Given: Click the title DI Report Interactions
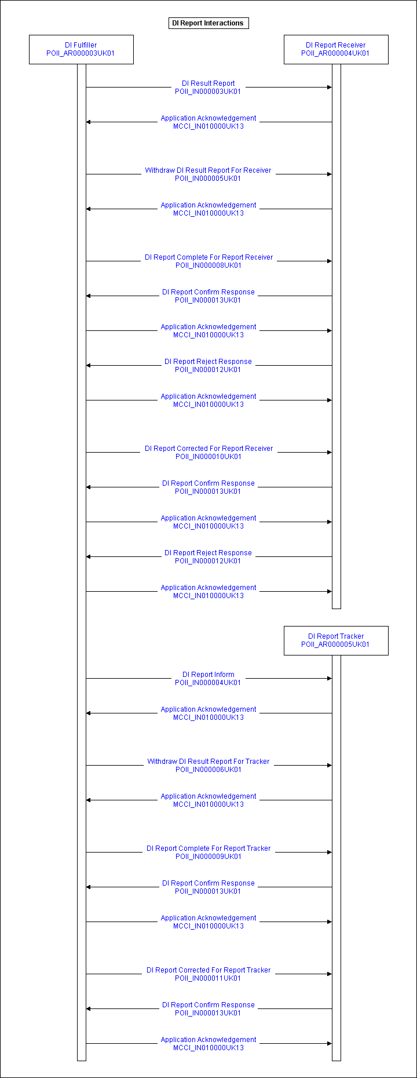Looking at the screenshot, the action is (208, 23).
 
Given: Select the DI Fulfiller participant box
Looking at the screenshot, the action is (81, 49).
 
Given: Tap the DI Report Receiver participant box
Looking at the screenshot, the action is (336, 49).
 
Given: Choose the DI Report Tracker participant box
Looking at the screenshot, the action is (336, 640).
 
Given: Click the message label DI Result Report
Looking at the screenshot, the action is (209, 83).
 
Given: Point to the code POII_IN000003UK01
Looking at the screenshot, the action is (208, 92).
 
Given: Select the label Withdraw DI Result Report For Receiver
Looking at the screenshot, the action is (208, 170).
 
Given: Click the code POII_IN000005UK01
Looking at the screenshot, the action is (208, 179).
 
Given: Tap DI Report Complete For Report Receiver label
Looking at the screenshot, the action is (209, 257).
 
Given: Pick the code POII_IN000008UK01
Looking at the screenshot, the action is (209, 265).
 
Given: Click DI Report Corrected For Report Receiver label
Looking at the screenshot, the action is (209, 449).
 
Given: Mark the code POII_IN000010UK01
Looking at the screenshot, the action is (209, 457).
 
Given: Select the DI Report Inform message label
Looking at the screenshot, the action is (209, 675).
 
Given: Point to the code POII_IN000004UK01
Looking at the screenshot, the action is (208, 683).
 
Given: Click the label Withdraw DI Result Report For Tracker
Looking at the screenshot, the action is (209, 762).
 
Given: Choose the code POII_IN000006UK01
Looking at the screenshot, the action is (209, 770).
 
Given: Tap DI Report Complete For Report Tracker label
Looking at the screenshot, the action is (209, 848).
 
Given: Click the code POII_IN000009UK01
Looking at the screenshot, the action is (209, 857).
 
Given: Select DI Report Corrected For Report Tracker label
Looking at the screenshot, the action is (209, 970).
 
